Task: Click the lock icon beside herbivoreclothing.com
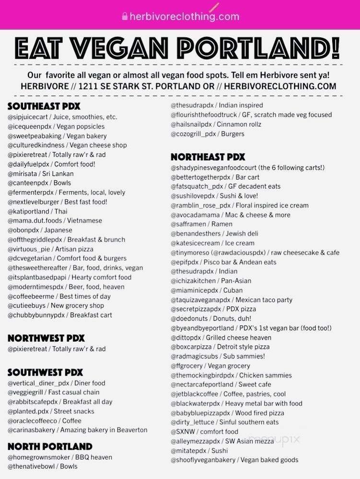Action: (x=125, y=16)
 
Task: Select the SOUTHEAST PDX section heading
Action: (x=44, y=106)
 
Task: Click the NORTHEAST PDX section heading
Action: (x=208, y=157)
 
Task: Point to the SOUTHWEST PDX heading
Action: (x=45, y=372)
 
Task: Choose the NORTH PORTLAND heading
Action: (x=50, y=446)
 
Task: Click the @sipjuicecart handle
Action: (x=28, y=117)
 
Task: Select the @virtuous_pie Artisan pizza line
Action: (x=55, y=249)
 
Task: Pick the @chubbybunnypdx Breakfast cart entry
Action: (x=59, y=315)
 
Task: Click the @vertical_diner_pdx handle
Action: (x=38, y=383)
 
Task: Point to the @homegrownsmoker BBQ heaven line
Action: (x=59, y=457)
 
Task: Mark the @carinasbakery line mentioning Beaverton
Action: (x=77, y=430)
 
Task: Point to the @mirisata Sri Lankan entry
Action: (x=40, y=173)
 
